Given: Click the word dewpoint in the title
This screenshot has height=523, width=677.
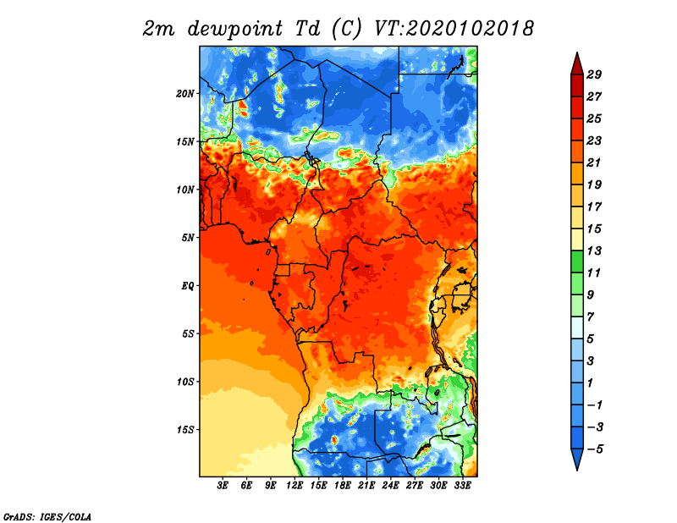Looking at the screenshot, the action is click(x=235, y=30).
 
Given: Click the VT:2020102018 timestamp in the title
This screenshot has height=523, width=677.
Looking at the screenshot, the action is click(x=454, y=29).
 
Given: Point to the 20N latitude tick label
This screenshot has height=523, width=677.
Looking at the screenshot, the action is click(x=185, y=94).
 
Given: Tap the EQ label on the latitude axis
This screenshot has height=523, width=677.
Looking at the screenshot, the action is click(x=188, y=286).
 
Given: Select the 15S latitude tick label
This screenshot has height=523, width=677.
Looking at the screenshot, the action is click(x=185, y=430).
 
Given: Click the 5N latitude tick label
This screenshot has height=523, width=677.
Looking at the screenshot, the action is click(x=188, y=238).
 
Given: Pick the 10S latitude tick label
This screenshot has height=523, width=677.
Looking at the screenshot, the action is click(x=185, y=382).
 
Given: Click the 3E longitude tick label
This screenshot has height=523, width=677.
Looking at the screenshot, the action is click(x=223, y=486).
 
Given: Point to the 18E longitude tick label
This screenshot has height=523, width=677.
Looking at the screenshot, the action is click(x=343, y=486).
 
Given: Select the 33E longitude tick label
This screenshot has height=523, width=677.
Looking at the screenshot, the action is click(x=462, y=486).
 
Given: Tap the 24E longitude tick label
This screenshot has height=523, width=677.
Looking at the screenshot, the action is click(x=390, y=486).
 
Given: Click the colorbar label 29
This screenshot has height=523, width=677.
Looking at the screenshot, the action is click(x=594, y=74).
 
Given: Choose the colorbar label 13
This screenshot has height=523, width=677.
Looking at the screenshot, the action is click(x=594, y=250).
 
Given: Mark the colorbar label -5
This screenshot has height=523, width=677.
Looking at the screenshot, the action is click(x=595, y=449).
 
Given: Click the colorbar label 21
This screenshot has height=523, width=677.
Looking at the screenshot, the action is click(x=594, y=162).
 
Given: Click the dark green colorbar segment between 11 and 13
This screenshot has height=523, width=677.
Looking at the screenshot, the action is click(x=577, y=261).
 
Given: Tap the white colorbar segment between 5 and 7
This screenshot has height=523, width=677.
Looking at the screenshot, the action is click(x=577, y=328).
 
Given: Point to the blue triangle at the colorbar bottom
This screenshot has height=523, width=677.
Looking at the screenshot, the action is click(x=577, y=459).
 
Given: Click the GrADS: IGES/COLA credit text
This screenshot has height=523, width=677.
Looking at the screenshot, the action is click(x=47, y=516).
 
